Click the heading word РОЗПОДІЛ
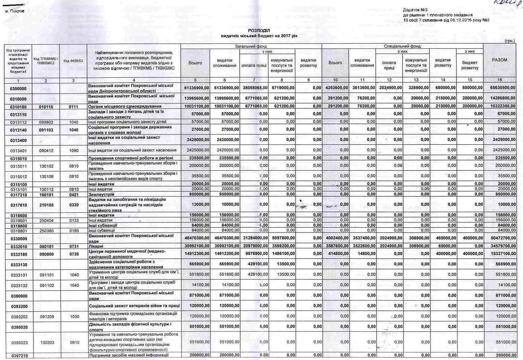click(x=259, y=31)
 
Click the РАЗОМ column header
click(x=500, y=60)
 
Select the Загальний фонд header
click(x=251, y=46)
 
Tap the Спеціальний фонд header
click(x=402, y=46)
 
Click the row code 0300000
click(x=18, y=88)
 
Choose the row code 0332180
click(x=19, y=254)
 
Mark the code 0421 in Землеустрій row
click(x=74, y=194)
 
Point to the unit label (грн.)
click(x=509, y=41)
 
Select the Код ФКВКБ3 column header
click(x=73, y=61)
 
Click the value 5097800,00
click(x=282, y=238)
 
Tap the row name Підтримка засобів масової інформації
click(x=128, y=355)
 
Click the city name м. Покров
click(x=15, y=11)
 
